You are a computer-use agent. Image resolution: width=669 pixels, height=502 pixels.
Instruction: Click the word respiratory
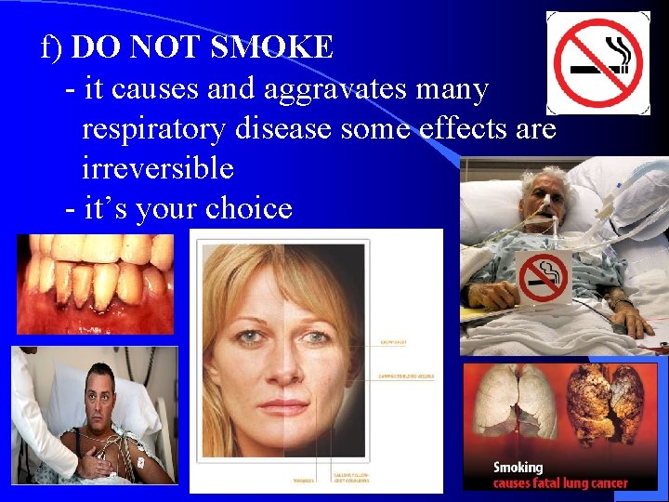(152, 129)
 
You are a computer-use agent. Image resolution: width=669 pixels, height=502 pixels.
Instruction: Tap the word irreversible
(157, 168)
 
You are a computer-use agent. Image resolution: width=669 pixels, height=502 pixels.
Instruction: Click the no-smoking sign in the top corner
(597, 62)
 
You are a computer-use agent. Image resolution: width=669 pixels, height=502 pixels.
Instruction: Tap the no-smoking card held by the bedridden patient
(544, 277)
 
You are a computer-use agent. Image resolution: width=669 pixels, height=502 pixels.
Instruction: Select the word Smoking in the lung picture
(518, 467)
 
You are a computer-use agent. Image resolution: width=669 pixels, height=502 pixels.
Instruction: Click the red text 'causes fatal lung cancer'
(560, 483)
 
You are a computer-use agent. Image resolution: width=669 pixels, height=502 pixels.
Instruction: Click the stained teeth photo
(95, 283)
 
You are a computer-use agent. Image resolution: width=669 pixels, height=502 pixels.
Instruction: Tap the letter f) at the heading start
(53, 46)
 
